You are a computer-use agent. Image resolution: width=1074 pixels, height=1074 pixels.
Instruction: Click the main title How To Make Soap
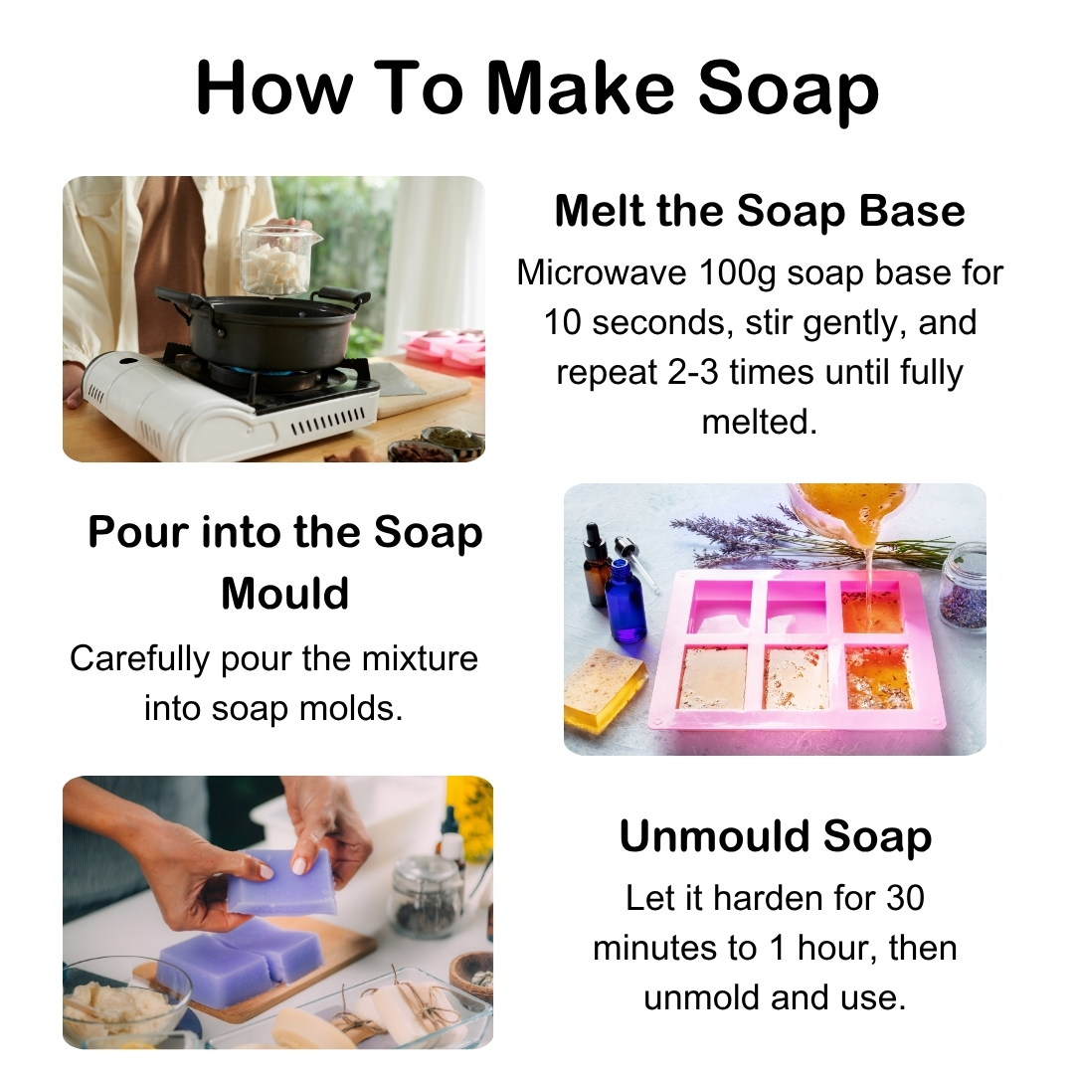point(537,88)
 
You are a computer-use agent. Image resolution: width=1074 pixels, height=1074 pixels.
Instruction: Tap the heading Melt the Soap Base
point(760,211)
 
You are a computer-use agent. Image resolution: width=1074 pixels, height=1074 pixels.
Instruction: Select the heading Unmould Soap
point(775,836)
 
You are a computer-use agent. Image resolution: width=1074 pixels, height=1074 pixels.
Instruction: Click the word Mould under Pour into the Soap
point(284,594)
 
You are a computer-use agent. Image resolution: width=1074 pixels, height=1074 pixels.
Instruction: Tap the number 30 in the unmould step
point(904,898)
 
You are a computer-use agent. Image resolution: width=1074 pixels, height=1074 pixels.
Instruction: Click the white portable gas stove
point(229,403)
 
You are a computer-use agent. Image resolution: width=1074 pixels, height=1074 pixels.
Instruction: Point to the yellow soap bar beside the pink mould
point(604,687)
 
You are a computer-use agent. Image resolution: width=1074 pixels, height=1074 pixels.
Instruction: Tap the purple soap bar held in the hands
point(283,880)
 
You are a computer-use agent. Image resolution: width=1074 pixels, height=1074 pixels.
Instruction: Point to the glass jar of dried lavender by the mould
point(962,589)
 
